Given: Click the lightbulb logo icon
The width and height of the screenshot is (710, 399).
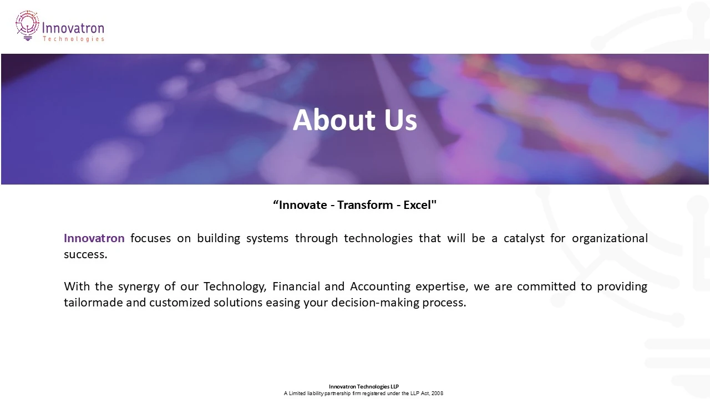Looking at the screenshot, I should click(27, 25).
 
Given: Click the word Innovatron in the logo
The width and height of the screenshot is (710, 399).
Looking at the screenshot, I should click(73, 28).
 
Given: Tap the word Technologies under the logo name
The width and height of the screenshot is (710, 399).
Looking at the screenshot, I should click(73, 39).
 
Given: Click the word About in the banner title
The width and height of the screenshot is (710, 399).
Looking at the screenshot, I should click(326, 120).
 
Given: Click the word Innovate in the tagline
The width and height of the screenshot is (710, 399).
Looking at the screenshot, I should click(302, 205).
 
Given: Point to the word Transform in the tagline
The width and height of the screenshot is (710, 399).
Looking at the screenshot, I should click(365, 205).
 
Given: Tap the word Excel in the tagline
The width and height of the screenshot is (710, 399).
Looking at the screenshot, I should click(418, 205).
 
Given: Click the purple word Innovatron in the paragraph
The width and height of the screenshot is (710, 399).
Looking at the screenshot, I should click(94, 238).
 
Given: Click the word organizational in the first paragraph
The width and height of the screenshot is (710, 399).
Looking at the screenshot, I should click(610, 238).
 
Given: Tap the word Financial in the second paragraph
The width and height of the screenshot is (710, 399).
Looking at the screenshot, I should click(296, 287).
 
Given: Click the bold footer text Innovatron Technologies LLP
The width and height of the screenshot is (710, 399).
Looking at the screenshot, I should click(363, 387).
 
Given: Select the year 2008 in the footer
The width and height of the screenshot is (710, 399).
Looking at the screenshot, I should click(437, 393).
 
